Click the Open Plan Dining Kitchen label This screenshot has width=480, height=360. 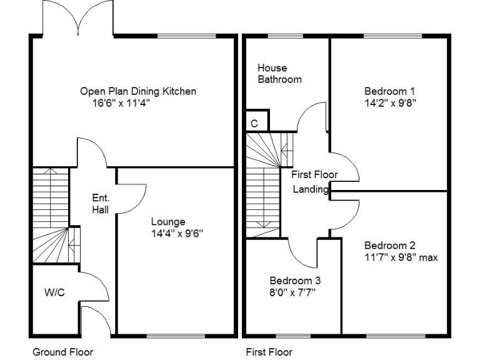point(138,91)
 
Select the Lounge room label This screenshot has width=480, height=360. point(168,221)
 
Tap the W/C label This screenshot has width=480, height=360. point(54,292)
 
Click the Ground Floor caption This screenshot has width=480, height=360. point(62,352)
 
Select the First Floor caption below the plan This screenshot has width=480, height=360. point(269,352)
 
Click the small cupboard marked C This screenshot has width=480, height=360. point(255,123)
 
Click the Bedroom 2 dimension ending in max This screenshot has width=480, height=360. point(400,257)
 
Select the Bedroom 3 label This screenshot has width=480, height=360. point(296,281)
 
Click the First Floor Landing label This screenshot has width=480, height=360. point(314,182)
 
